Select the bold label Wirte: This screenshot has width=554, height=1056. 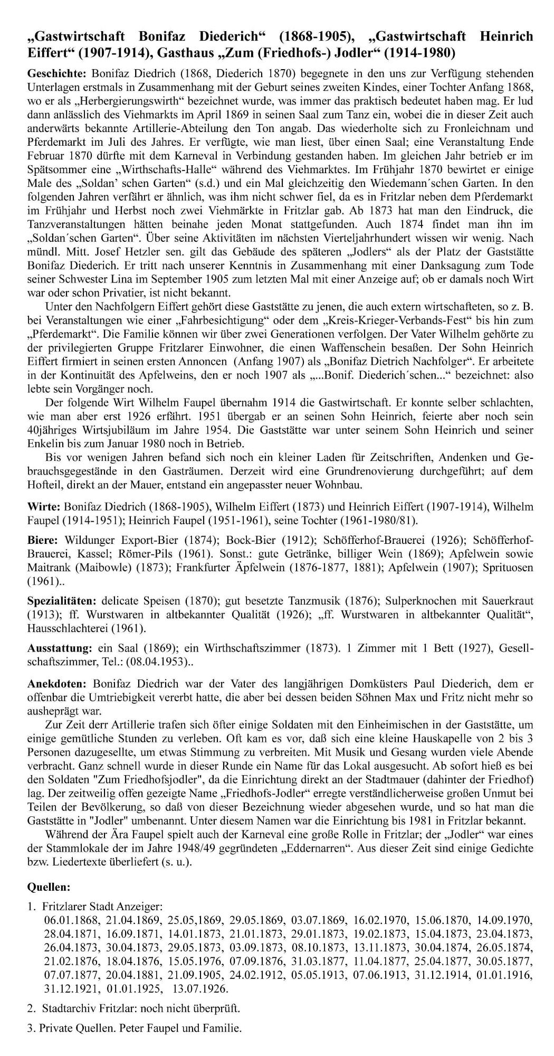(x=43, y=506)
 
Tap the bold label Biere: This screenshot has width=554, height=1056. (x=43, y=540)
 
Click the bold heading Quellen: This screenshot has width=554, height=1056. (x=49, y=887)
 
